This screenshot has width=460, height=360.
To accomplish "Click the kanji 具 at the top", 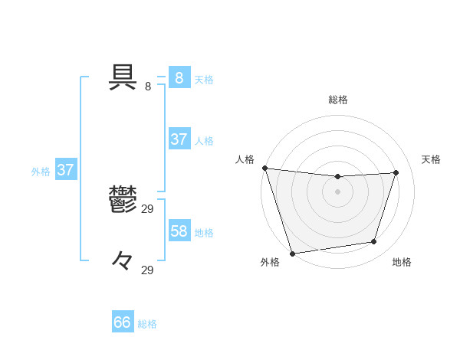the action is point(124,77).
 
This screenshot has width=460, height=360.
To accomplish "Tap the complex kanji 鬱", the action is point(123,200).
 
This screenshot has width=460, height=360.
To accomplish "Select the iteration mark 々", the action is point(123,260).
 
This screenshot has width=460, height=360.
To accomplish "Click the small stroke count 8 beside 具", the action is point(148,86).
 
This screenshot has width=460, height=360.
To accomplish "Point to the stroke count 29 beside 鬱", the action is point(148,208).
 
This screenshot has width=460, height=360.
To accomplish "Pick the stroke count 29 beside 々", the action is point(148,270).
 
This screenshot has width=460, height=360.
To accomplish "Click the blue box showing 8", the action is point(179,77).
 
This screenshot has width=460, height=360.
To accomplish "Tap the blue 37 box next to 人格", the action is point(179,139).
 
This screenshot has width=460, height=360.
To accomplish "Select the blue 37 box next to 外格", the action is point(65,170).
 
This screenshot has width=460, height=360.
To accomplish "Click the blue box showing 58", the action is point(179,231).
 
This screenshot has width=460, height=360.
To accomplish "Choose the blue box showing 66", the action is point(123,322).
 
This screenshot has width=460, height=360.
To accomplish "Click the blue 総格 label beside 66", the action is point(148,324).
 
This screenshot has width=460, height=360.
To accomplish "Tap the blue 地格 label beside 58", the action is point(204,232).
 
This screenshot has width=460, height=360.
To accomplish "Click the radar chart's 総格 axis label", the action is point(338,100).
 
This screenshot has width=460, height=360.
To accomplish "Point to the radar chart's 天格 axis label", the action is point(432,159).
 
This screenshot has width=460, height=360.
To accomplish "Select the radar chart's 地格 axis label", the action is point(402,263).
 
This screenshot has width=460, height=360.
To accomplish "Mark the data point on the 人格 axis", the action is point(264,168).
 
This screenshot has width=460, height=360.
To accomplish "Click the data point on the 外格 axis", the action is point(292,253).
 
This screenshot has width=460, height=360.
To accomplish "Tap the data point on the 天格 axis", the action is point(396,172).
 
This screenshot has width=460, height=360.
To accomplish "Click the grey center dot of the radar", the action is point(337,191).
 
